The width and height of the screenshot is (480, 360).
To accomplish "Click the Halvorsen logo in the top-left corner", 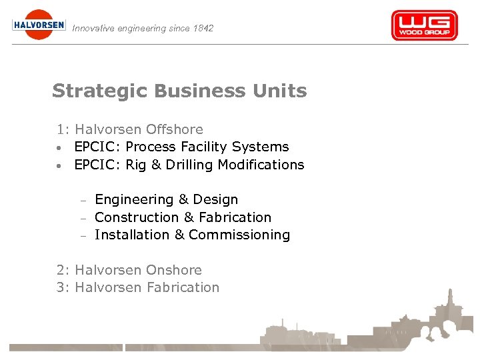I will tap(39, 25).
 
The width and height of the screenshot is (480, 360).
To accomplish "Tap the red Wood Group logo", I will tap(424, 26).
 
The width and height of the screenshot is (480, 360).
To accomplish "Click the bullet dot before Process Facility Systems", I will tap(60, 147).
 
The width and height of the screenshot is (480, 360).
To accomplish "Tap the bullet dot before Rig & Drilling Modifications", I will tap(60, 165).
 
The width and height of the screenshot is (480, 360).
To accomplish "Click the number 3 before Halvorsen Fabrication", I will tap(61, 287).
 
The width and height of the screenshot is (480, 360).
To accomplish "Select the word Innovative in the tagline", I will tap(93, 28).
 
